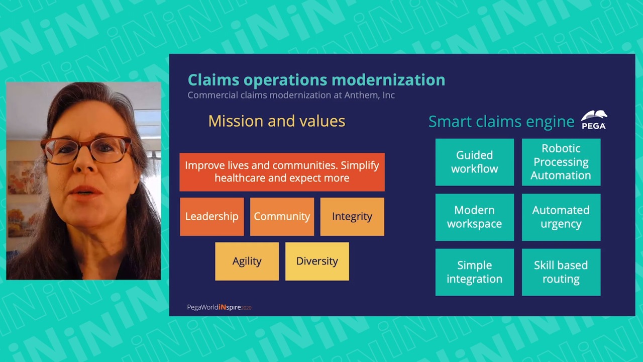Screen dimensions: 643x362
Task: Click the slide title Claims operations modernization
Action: [x=316, y=80]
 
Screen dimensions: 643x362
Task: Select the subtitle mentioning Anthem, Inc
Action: [x=291, y=95]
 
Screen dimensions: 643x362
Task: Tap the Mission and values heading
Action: [x=277, y=121]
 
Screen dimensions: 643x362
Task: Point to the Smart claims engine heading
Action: [x=501, y=122]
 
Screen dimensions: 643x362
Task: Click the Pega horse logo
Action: [x=594, y=120]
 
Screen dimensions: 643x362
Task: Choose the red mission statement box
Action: [x=282, y=172]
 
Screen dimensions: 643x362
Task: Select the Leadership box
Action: [x=212, y=217]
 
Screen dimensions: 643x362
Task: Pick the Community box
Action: [x=282, y=217]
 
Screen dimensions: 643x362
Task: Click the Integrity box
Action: [x=352, y=217]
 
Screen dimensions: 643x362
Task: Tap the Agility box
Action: [x=247, y=261]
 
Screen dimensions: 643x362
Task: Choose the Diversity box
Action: [x=317, y=261]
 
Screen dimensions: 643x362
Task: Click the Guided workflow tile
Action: [x=475, y=162]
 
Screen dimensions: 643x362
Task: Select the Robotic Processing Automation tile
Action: [x=561, y=162]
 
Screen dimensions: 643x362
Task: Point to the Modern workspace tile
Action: [x=475, y=217]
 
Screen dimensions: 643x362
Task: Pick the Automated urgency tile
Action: [x=561, y=217]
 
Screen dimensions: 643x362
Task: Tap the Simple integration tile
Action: [x=475, y=272]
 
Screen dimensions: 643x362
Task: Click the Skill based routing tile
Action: [x=561, y=272]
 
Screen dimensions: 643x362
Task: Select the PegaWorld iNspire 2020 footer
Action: [x=219, y=307]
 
